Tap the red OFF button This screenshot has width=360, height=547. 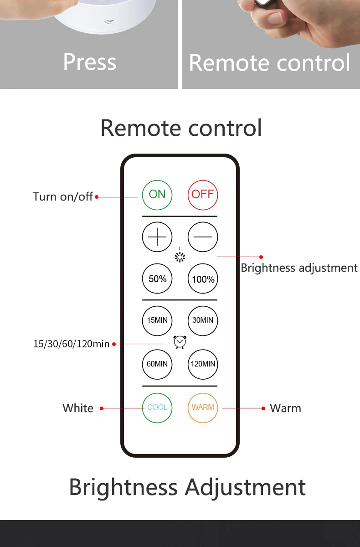(x=203, y=195)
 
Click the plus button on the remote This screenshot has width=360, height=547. (x=157, y=237)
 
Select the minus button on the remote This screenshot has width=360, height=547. (x=203, y=237)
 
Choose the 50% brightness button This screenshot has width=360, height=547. (x=157, y=279)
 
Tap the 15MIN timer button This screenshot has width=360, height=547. (x=157, y=320)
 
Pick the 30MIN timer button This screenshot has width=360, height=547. (x=203, y=320)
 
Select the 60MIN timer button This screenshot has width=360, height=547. (x=157, y=364)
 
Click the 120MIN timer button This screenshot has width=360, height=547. (x=203, y=364)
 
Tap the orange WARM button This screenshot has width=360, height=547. (x=203, y=408)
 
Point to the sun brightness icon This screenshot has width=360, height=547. (x=180, y=258)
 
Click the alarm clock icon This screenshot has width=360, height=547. (x=180, y=342)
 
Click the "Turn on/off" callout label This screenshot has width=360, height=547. (x=63, y=196)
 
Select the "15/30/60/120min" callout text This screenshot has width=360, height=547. (x=71, y=344)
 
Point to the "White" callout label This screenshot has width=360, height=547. (x=78, y=408)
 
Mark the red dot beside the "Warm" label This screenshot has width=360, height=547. (x=263, y=408)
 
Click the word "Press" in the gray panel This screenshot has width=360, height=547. (x=90, y=62)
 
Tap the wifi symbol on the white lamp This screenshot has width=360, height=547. (x=109, y=22)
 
